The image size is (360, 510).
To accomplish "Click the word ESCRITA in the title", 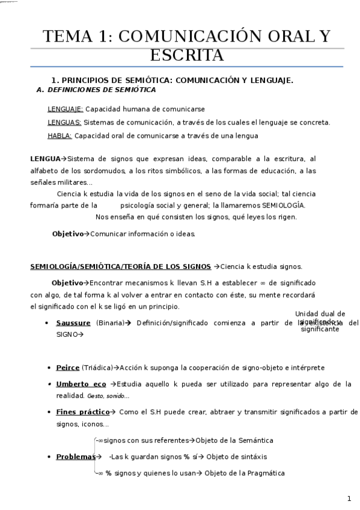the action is (x=186, y=55).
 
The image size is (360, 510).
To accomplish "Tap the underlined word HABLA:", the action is (x=59, y=136).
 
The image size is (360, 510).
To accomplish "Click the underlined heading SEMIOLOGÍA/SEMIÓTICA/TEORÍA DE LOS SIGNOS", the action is (x=120, y=266).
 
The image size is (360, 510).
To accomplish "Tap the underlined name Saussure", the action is (x=73, y=323).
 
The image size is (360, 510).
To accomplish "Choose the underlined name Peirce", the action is (x=67, y=367).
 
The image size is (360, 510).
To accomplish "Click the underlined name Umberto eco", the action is (x=81, y=384).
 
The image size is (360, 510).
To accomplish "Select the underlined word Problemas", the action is (x=75, y=457).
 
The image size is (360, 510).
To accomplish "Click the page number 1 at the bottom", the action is (x=349, y=499).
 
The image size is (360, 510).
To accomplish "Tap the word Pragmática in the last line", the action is (x=264, y=473).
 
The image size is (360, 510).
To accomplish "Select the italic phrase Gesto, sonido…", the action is (x=108, y=396).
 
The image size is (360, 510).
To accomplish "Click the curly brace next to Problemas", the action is (x=96, y=457).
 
